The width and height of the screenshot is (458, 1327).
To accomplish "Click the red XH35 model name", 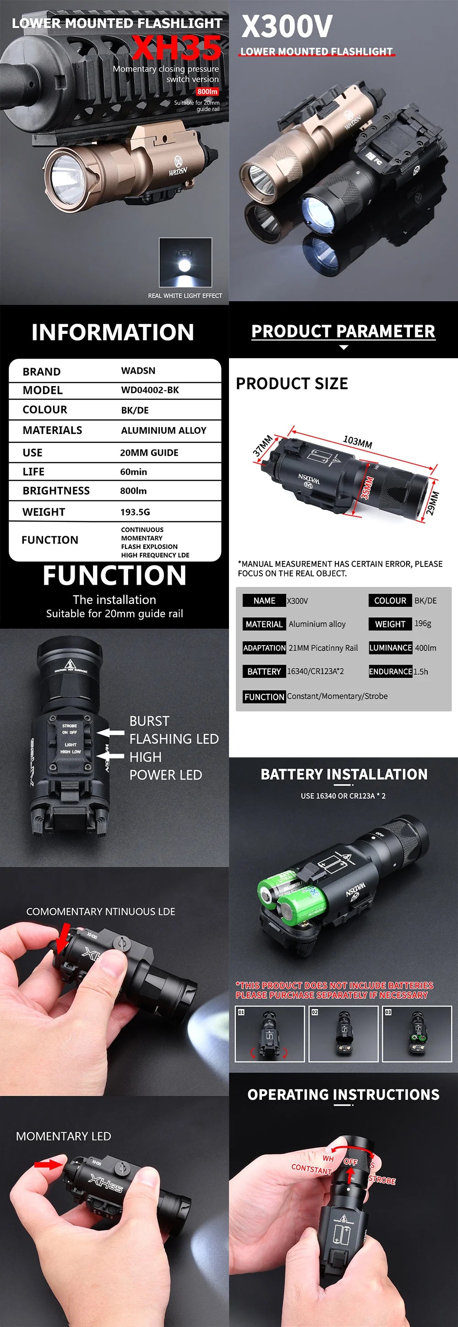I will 177,48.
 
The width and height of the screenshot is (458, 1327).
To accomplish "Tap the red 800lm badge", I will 207,92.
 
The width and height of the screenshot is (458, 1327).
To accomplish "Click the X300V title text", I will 287,26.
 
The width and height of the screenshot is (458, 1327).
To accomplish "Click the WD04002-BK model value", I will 150,390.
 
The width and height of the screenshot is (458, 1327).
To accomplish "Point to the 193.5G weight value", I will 135,512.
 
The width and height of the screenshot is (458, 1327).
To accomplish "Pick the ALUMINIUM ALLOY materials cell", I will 164,430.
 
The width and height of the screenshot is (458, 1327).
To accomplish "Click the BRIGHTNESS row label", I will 56,490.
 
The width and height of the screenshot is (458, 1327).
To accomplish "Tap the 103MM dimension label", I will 358,441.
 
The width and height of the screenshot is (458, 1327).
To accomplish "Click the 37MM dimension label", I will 262,446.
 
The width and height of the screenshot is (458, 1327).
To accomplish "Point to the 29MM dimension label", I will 433,503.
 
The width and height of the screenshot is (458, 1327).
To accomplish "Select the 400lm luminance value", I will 425,648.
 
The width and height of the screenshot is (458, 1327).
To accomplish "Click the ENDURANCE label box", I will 390,671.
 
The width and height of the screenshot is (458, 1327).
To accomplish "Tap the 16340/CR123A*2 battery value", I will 315,671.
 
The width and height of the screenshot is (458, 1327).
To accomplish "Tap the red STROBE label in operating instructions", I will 382,1180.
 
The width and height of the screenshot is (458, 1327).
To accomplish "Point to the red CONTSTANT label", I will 311,1169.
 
